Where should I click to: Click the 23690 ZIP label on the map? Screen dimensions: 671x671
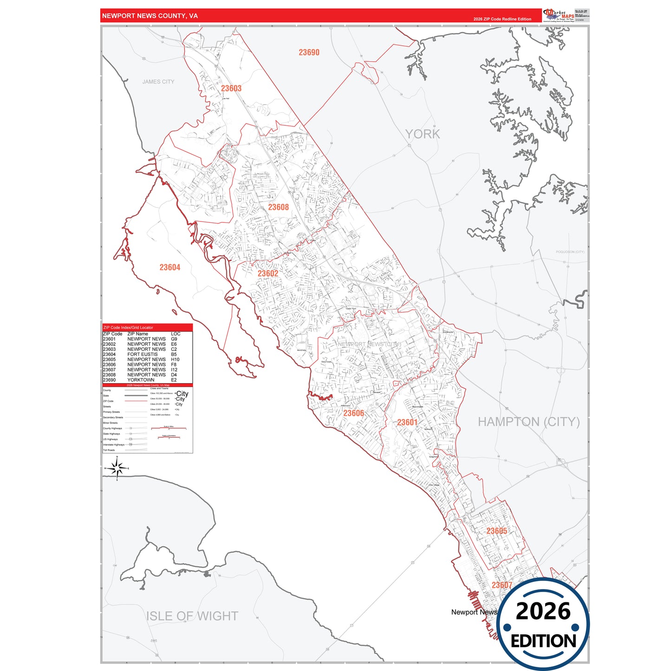(309, 52)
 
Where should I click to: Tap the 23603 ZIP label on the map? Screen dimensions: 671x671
(231, 88)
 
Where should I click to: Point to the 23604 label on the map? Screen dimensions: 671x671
(169, 267)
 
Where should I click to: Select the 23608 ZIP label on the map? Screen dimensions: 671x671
(278, 207)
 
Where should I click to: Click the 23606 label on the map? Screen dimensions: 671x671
(353, 413)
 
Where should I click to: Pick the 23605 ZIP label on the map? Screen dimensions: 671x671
(496, 531)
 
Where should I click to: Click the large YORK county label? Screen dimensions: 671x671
(422, 134)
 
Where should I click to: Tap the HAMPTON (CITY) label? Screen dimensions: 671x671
(528, 422)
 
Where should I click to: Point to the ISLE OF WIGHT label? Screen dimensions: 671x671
(192, 616)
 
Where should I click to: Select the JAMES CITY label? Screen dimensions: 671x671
(158, 82)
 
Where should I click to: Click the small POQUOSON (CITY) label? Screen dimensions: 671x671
(570, 252)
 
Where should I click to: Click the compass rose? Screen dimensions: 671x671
(117, 469)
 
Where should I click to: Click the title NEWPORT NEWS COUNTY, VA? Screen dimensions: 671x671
(150, 16)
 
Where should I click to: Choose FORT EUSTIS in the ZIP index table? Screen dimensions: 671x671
(142, 354)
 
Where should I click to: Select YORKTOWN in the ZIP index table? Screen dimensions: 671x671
(141, 380)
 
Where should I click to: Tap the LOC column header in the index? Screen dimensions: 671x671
(176, 334)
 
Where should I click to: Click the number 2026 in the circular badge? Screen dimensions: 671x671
(543, 611)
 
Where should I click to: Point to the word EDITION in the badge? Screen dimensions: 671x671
(543, 641)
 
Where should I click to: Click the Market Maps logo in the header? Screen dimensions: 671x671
(559, 15)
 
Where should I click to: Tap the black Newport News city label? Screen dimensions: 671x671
(474, 612)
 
